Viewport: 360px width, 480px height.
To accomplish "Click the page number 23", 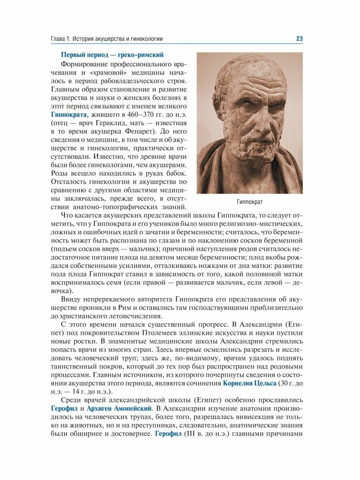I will coord(299,38).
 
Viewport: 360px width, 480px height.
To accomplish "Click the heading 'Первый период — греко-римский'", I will coord(112,55).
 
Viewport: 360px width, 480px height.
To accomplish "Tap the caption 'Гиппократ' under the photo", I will coord(249,202).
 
